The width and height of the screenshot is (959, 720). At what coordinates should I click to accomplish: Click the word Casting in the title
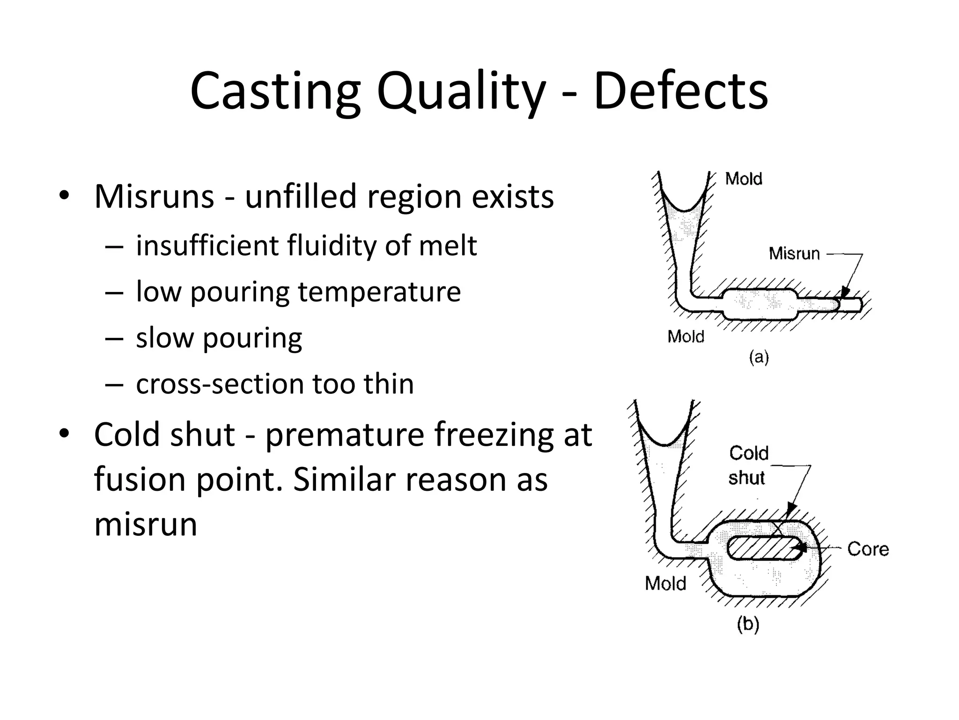[x=275, y=91]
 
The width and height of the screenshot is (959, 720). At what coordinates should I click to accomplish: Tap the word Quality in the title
[x=461, y=91]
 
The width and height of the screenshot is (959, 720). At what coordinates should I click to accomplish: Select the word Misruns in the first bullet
[x=154, y=196]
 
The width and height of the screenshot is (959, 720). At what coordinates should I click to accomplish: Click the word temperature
[x=379, y=292]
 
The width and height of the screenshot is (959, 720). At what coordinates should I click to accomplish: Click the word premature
[x=344, y=435]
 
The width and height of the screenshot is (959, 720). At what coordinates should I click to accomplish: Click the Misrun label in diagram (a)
[x=794, y=254]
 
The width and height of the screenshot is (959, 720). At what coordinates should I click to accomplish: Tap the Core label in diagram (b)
[x=868, y=549]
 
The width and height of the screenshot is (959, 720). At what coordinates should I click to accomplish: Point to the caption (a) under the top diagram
[x=759, y=358]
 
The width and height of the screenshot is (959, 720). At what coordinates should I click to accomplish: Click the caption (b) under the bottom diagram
[x=748, y=624]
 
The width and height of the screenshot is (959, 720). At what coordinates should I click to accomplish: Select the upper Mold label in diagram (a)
[x=744, y=179]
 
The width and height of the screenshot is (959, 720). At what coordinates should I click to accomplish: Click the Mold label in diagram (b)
[x=665, y=584]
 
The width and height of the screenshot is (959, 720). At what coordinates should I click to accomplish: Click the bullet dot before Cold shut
[x=64, y=434]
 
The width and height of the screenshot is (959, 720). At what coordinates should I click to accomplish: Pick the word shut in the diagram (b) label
[x=746, y=478]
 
